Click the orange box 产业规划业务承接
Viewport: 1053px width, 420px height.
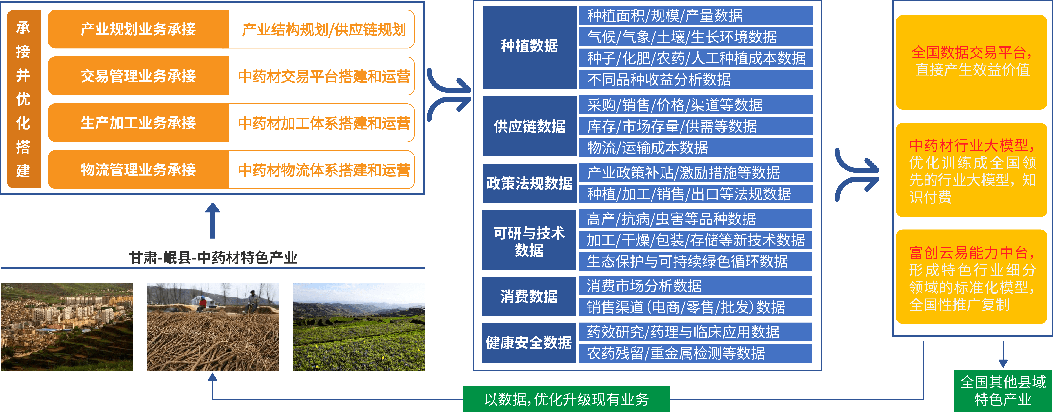click(x=138, y=29)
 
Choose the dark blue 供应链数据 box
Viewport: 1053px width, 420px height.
click(x=529, y=126)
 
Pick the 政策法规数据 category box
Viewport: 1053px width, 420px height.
click(x=529, y=183)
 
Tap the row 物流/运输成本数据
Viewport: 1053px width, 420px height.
click(x=696, y=147)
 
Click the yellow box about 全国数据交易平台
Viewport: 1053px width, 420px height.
click(x=971, y=62)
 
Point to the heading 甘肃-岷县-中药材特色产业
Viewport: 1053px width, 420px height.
click(x=213, y=258)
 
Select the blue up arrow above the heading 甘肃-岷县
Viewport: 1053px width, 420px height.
click(x=213, y=220)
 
